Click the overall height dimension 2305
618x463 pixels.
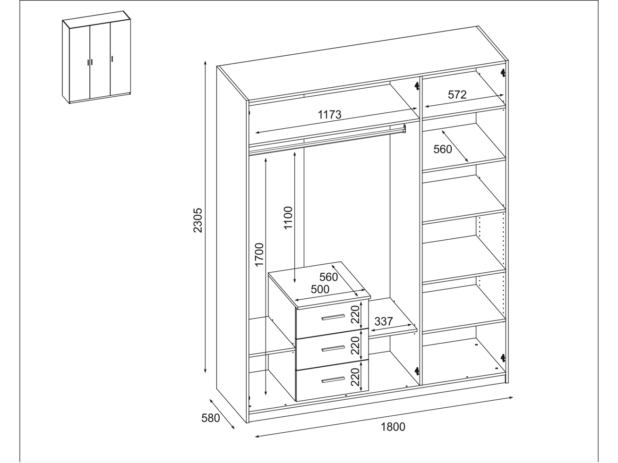[x=198, y=220]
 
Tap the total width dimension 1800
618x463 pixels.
[x=393, y=427]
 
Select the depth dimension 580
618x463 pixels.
[x=210, y=418]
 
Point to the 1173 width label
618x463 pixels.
[x=329, y=114]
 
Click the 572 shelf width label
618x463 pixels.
[x=457, y=94]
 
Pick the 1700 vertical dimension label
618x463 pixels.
[x=259, y=254]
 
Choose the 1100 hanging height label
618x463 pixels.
[x=288, y=218]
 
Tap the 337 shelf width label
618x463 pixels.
[x=384, y=321]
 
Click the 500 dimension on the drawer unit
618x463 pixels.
[x=320, y=289]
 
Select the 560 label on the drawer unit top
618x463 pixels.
[x=328, y=277]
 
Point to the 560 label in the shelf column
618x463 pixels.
[x=443, y=149]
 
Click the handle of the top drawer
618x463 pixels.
[x=333, y=317]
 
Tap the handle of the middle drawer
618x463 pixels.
[x=333, y=349]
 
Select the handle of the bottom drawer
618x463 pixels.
[x=333, y=379]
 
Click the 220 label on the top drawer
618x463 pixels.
[x=355, y=314]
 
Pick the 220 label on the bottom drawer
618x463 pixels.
[x=355, y=377]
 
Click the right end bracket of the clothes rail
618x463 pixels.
[x=404, y=128]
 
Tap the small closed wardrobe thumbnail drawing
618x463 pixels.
[x=96, y=57]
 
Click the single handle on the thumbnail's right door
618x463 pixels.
[x=112, y=59]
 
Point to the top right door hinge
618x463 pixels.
[x=503, y=73]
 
